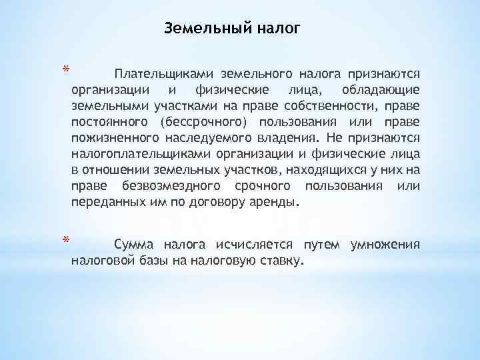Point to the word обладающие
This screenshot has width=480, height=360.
tap(380, 89)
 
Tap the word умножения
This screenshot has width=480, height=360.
tap(384, 244)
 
